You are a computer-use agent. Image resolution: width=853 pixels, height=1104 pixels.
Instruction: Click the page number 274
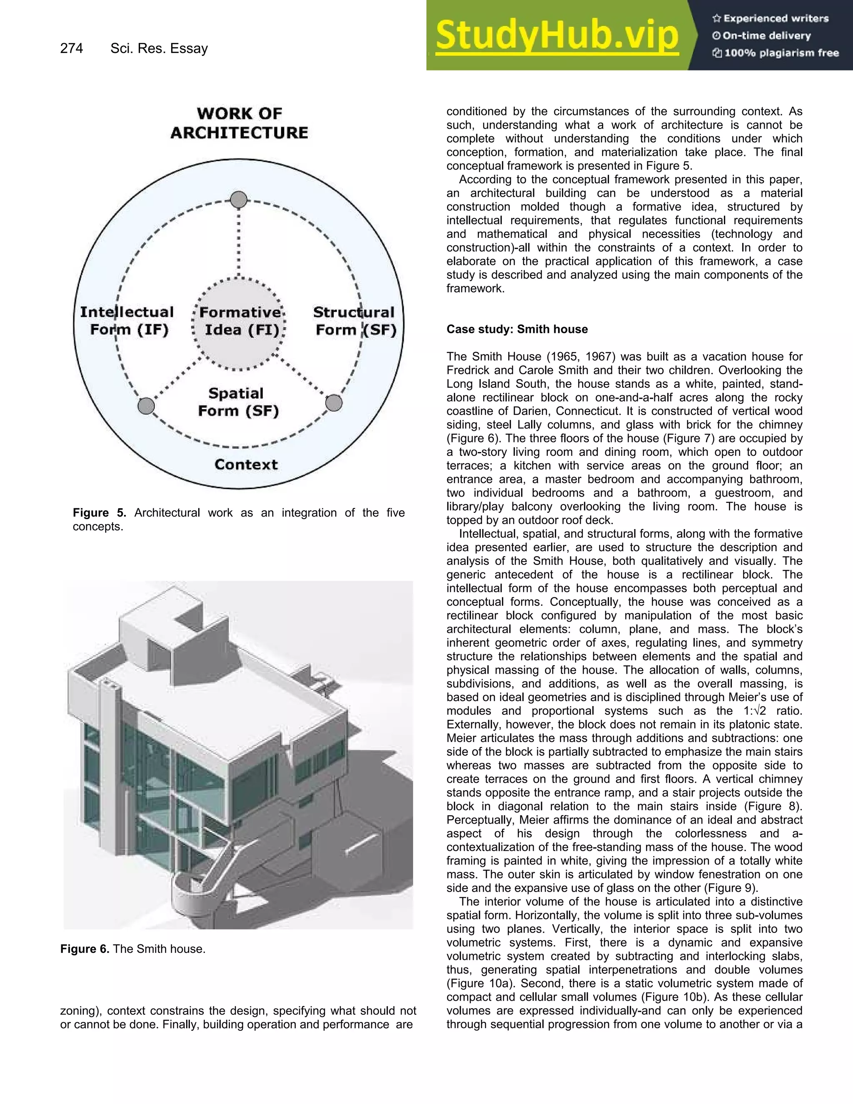click(x=71, y=48)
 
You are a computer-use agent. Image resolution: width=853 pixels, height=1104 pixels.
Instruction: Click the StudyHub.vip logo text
click(x=556, y=35)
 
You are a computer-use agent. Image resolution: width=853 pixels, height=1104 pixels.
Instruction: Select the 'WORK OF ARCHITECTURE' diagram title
click(x=239, y=123)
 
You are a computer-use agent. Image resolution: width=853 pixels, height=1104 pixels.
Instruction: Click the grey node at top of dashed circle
click(x=239, y=200)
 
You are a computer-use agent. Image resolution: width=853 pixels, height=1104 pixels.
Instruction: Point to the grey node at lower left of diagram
click(x=146, y=405)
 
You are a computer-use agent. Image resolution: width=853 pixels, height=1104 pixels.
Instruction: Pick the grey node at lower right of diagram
click(x=334, y=403)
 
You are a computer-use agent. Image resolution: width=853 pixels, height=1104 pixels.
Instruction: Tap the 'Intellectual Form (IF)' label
click(x=127, y=321)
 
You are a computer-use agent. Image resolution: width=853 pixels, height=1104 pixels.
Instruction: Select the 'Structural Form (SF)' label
click(x=354, y=321)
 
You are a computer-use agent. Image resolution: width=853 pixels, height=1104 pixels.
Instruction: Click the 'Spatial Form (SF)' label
click(x=237, y=402)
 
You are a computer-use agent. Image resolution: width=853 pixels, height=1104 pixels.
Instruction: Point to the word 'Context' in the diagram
click(x=246, y=465)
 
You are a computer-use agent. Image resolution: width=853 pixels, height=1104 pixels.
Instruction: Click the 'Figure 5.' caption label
click(x=100, y=512)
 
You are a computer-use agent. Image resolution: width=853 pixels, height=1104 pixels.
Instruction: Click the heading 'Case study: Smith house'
click(x=516, y=329)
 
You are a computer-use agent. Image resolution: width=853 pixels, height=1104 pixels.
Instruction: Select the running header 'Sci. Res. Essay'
click(x=159, y=48)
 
